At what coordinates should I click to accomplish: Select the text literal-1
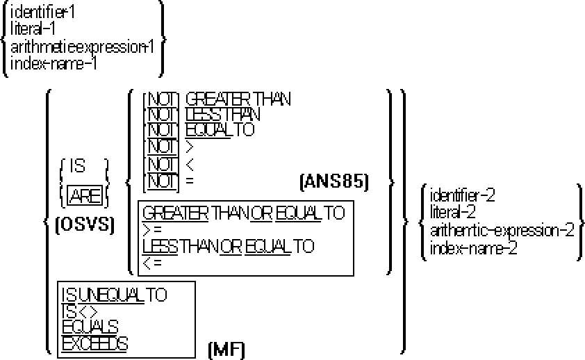33,28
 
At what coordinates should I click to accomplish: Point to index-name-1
53,63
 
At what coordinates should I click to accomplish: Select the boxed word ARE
85,197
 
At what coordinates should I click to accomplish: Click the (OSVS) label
83,227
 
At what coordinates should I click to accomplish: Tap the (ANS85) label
334,182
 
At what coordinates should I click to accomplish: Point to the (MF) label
226,348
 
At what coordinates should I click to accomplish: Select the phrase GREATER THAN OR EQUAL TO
243,213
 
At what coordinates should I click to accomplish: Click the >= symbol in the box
153,229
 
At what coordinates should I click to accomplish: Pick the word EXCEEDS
94,343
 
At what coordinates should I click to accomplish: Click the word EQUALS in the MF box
90,327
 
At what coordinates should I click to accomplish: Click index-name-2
473,248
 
